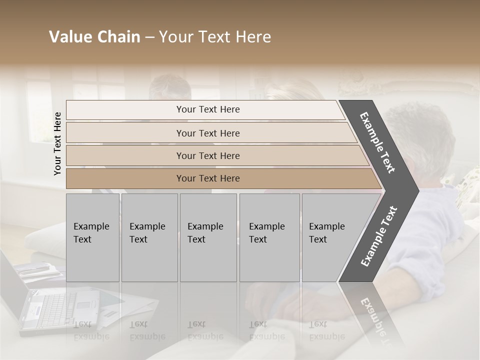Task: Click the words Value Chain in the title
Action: tap(94, 37)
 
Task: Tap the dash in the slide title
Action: tap(149, 37)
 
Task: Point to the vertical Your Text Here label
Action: tap(57, 143)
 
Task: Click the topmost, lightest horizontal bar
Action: tap(208, 109)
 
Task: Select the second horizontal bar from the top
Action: tap(208, 133)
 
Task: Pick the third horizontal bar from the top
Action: tap(208, 155)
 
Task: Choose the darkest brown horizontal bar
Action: tap(208, 178)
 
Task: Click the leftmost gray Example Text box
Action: tap(92, 237)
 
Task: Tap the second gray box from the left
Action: tap(149, 237)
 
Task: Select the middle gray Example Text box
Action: tap(208, 237)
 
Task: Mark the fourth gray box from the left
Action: tap(269, 237)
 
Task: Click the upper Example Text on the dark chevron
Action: tap(377, 142)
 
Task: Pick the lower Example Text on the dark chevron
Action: tap(378, 236)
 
